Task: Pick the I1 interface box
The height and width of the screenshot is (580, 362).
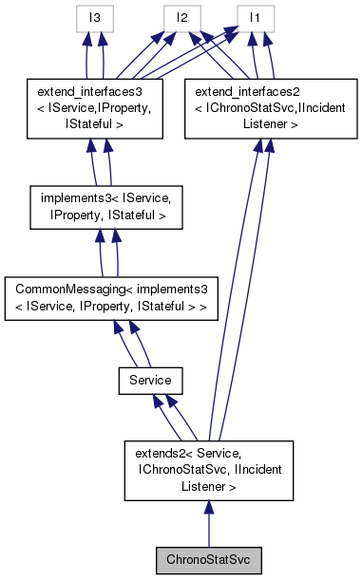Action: tap(255, 17)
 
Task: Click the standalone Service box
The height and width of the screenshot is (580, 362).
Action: tap(150, 380)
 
